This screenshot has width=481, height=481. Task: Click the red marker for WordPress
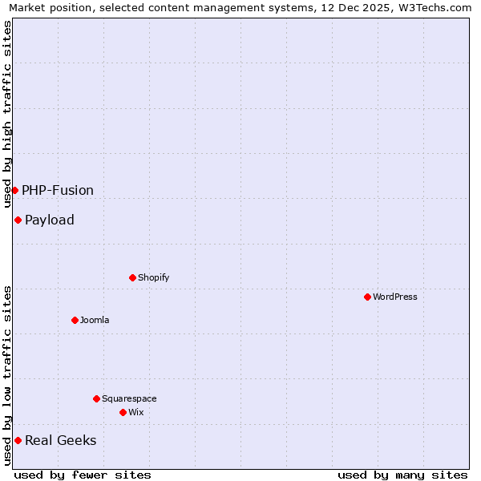367,297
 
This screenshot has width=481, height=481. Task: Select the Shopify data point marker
132,277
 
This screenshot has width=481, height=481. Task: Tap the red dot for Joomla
75,320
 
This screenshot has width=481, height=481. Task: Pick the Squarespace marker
96,398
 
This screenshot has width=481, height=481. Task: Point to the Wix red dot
123,412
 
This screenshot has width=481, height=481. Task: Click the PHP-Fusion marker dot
14,190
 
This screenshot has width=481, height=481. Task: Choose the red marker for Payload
18,220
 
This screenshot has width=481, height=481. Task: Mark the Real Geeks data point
18,440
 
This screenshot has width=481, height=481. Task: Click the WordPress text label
394,297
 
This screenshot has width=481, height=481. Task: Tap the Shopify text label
153,277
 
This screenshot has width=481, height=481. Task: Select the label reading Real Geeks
60,440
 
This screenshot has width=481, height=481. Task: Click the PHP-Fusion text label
58,190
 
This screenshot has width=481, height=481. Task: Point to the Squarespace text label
129,398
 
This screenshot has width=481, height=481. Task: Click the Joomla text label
95,320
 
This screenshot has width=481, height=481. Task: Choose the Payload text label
50,220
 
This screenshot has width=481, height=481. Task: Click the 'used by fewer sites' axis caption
83,475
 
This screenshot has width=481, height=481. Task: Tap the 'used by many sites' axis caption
402,475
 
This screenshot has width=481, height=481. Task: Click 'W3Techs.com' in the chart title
439,8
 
